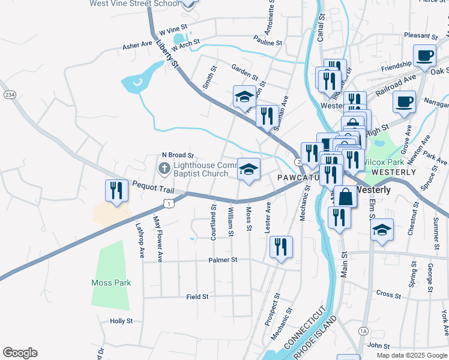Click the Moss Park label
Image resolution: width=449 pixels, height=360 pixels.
111,283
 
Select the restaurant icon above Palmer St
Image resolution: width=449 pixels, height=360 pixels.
281,247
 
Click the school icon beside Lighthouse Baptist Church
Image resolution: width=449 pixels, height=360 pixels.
249,170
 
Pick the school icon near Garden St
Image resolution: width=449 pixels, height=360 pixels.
244,97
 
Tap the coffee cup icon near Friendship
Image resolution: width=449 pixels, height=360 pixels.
425,56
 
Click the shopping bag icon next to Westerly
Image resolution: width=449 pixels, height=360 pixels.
346,196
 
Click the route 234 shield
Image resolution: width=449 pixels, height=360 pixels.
9,95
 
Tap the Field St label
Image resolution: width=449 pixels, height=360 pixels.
197,296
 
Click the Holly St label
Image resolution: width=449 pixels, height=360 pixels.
121,321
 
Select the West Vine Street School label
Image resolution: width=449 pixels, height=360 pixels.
134,4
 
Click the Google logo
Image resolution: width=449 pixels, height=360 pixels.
20,353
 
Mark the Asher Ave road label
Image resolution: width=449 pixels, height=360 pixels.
137,45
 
